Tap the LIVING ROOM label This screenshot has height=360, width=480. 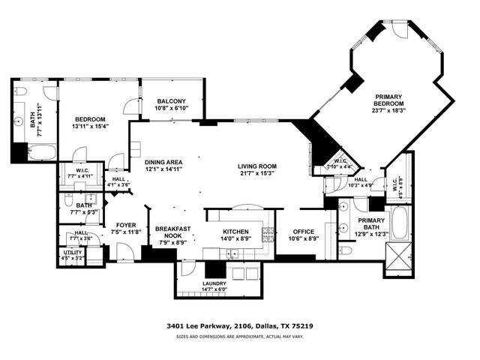(x=257, y=166)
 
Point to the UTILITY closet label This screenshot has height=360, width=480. (x=72, y=253)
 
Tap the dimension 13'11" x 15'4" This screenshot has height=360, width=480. (x=90, y=126)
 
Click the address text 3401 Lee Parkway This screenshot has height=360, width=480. (x=195, y=326)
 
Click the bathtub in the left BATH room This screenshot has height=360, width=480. (x=42, y=153)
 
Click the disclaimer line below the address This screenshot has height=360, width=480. (x=239, y=337)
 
